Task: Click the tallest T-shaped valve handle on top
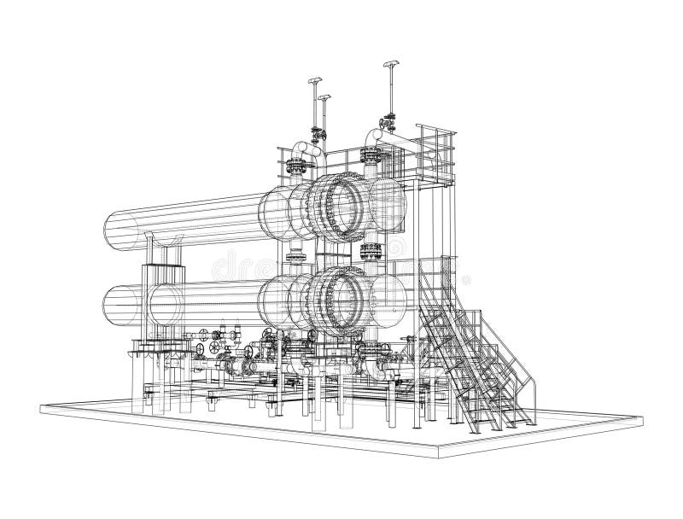click(392, 67)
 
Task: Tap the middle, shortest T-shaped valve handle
click(323, 99)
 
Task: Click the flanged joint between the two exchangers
click(371, 250)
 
